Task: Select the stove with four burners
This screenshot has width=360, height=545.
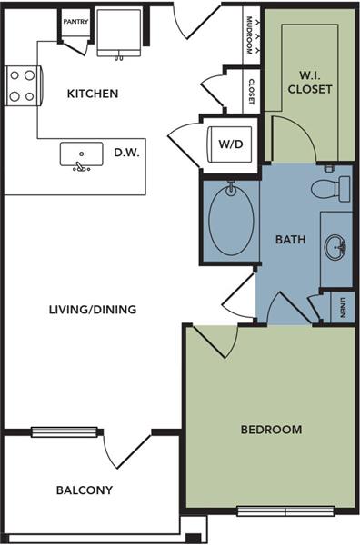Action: pyautogui.click(x=21, y=85)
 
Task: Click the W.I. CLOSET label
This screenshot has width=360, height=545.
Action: pyautogui.click(x=311, y=83)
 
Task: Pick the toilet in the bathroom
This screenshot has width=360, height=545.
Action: pyautogui.click(x=329, y=188)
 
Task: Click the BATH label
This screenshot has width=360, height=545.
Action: pyautogui.click(x=289, y=241)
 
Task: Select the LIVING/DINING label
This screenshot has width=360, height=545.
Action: pyautogui.click(x=93, y=310)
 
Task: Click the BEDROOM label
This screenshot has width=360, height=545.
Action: pyautogui.click(x=271, y=430)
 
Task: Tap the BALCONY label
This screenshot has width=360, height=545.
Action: pyautogui.click(x=85, y=490)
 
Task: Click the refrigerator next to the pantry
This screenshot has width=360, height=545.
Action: pyautogui.click(x=119, y=33)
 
